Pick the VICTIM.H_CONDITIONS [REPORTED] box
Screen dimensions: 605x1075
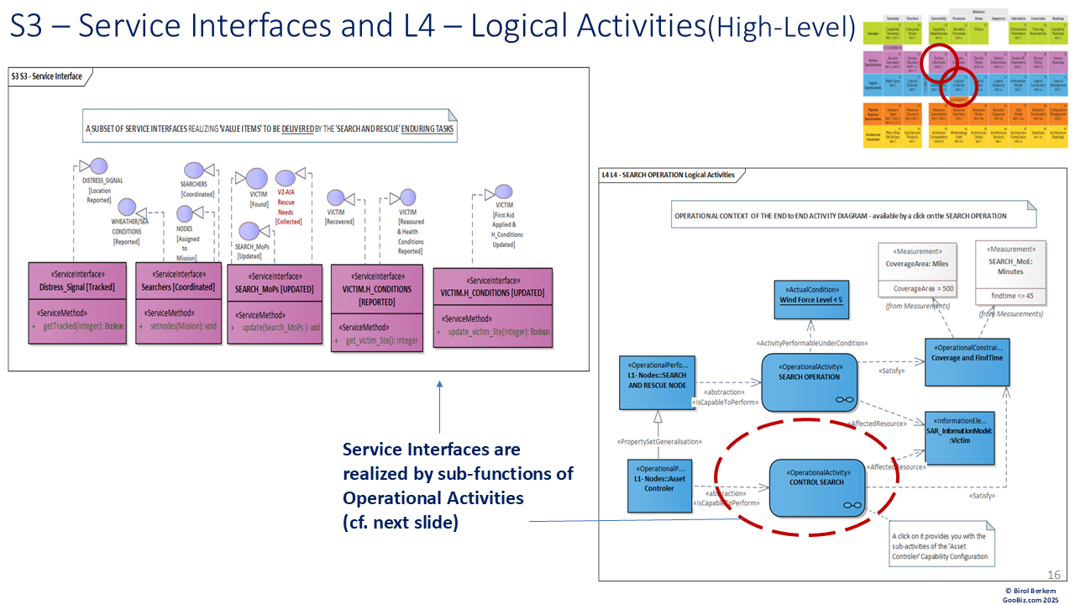pyautogui.click(x=376, y=309)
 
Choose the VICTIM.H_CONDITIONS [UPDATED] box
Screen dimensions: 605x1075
pyautogui.click(x=493, y=308)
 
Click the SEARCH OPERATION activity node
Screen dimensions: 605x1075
pyautogui.click(x=809, y=381)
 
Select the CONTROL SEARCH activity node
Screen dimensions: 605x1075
pyautogui.click(x=817, y=488)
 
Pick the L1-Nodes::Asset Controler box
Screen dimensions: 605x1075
pyautogui.click(x=659, y=485)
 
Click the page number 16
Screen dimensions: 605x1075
pyautogui.click(x=1054, y=574)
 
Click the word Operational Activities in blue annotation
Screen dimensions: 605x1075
pyautogui.click(x=433, y=498)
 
